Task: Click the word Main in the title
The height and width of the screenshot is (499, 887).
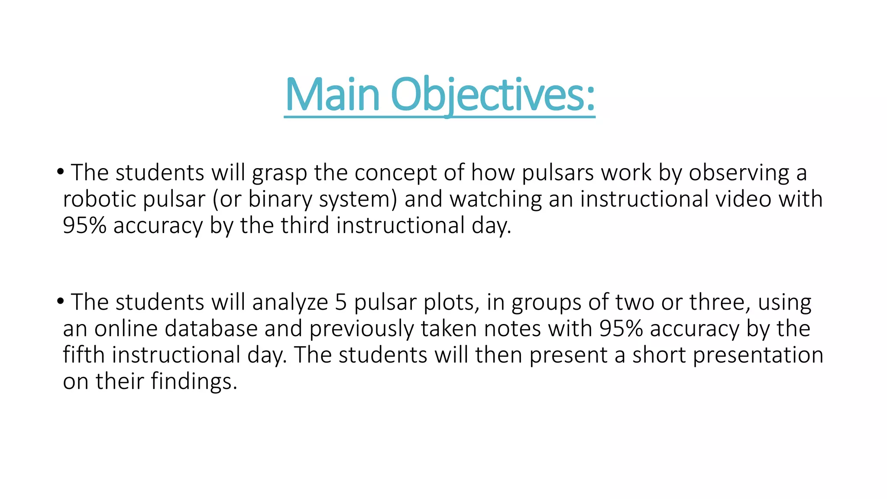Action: coord(332,95)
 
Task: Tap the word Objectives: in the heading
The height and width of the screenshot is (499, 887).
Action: coord(493,95)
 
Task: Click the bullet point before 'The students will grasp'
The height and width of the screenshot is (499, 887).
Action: coord(60,172)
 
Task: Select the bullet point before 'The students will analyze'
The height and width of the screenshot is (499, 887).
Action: coord(60,301)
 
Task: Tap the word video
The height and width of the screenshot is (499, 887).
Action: coord(743,199)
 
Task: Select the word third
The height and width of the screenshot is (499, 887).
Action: coord(304,226)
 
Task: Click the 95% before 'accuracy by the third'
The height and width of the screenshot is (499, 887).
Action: coord(84,226)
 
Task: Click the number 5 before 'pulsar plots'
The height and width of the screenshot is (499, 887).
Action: coord(341,302)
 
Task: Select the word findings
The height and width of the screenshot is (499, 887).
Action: coord(194,382)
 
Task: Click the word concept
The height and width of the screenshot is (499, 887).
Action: coord(395,173)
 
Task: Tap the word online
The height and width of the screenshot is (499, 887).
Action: coord(126,328)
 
